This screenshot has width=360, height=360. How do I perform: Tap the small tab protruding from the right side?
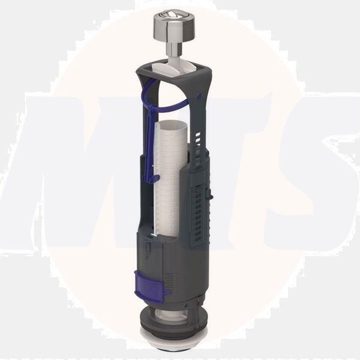point(213,193)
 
